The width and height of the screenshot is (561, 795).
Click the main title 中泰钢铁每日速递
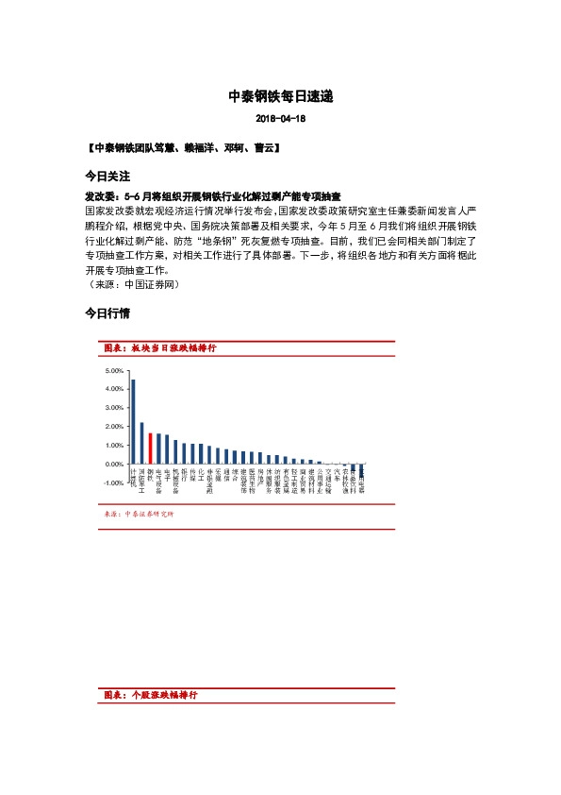[x=280, y=96]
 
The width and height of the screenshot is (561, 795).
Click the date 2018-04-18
[x=280, y=120]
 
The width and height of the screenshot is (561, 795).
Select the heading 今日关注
[x=106, y=177]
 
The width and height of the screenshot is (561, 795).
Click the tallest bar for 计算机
[x=133, y=422]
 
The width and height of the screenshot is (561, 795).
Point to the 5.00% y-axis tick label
[x=115, y=371]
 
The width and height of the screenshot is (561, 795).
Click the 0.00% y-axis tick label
[x=115, y=465]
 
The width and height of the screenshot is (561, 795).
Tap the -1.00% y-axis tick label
[x=114, y=483]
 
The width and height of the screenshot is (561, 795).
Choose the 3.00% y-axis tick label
[x=115, y=408]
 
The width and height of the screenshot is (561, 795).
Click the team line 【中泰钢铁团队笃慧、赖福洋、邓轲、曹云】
[x=181, y=149]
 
